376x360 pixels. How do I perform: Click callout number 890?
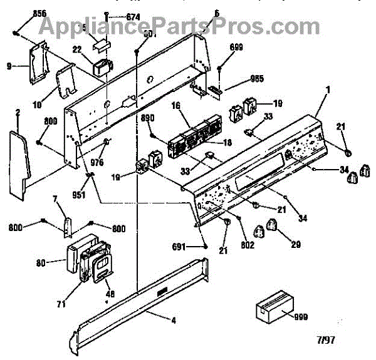[147, 118]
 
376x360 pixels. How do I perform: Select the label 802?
[248, 245]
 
